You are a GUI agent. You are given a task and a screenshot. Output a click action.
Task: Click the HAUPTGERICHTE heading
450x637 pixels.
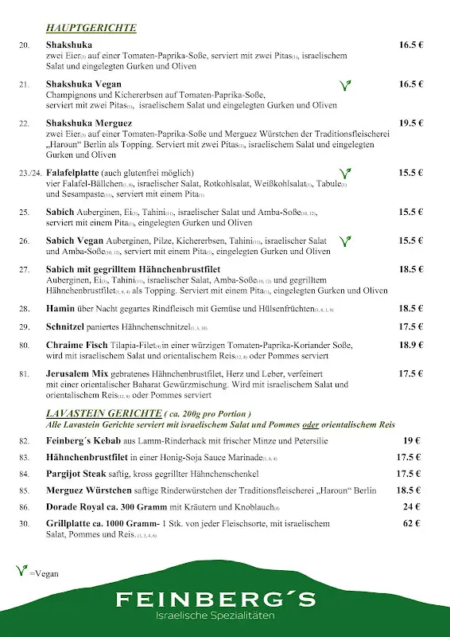pyautogui.click(x=91, y=29)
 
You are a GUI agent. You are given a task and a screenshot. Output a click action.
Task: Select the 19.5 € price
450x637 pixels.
pyautogui.click(x=411, y=123)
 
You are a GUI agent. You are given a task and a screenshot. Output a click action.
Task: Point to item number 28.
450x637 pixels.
pyautogui.click(x=25, y=308)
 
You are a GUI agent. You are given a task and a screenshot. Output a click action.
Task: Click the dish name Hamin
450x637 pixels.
pyautogui.click(x=60, y=308)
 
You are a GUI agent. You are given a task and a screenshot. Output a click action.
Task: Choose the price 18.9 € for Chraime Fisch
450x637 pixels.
pyautogui.click(x=411, y=345)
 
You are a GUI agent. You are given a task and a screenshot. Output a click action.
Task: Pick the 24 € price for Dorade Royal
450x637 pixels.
pyautogui.click(x=411, y=506)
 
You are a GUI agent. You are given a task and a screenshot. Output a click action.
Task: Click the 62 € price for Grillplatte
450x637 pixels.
pyautogui.click(x=411, y=523)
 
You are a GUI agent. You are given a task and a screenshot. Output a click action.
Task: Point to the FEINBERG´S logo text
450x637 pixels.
pyautogui.click(x=215, y=600)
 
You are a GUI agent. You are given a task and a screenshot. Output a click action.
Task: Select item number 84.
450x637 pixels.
pyautogui.click(x=25, y=474)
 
